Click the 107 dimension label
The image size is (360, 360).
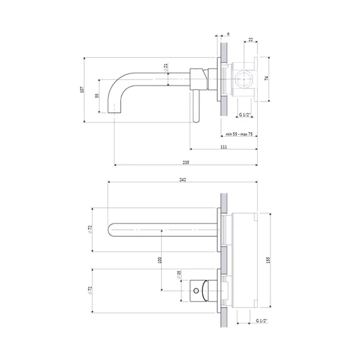(x=82, y=90)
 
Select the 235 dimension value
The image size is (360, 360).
(x=186, y=162)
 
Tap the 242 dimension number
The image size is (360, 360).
(x=183, y=180)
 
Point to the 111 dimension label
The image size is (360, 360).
(x=224, y=147)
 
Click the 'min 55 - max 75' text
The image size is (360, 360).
(x=239, y=134)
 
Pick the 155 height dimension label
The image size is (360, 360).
(x=269, y=260)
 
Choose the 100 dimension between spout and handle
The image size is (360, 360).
(x=160, y=260)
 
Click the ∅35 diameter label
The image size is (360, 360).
(x=179, y=275)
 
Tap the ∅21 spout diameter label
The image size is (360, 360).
(x=166, y=67)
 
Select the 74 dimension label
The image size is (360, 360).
(x=266, y=78)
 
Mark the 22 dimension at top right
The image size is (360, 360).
(x=251, y=40)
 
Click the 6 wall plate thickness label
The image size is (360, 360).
(x=228, y=34)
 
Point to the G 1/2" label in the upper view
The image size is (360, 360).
(x=245, y=115)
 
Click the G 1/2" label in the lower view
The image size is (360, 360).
(x=261, y=321)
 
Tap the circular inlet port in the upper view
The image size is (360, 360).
(x=245, y=79)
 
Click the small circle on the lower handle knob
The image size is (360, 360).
(x=196, y=291)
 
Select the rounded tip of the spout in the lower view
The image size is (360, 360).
(x=108, y=230)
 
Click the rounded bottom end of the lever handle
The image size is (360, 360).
(x=196, y=121)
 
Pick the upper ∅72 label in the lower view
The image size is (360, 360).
(x=90, y=230)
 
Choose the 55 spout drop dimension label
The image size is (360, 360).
(x=97, y=96)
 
